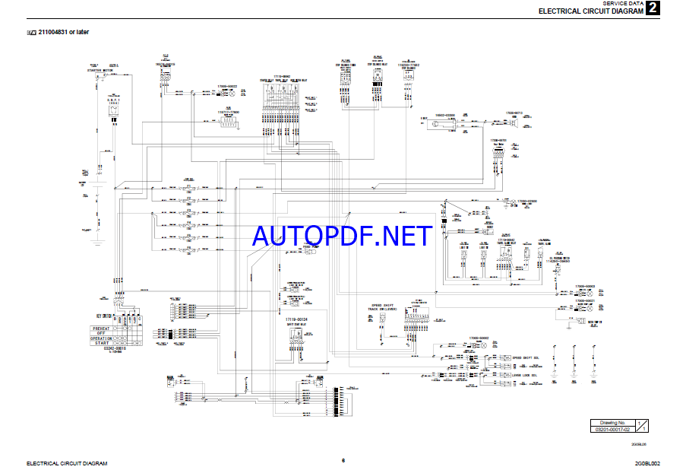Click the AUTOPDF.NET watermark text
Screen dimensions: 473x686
343,236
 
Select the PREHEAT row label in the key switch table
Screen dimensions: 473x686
101,328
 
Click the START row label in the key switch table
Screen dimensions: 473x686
101,343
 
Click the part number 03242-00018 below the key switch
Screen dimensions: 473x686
114,348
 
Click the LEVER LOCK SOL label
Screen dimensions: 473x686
525,375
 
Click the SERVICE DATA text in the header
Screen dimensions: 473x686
622,3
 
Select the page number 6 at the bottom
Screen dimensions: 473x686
343,460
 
